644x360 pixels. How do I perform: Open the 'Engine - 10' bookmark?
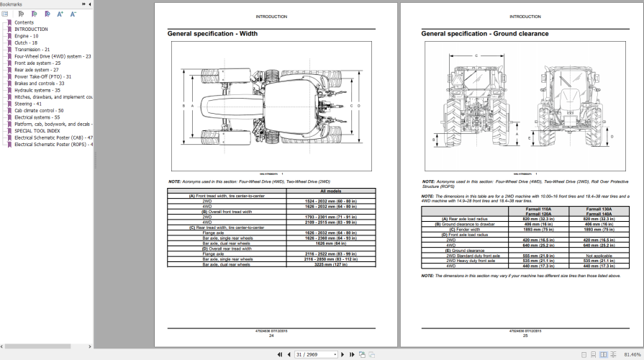(27, 36)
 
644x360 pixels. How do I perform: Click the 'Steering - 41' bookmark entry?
(29, 104)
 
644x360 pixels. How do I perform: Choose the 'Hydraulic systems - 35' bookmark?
(37, 90)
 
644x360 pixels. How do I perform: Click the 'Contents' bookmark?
(24, 22)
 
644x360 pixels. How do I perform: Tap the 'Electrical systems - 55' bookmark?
(37, 117)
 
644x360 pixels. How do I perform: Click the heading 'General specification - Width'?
(212, 34)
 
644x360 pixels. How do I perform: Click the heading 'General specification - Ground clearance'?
(484, 34)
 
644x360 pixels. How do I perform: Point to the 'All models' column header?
(330, 191)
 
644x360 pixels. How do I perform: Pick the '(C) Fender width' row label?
(458, 230)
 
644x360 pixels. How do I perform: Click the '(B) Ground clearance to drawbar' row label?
(471, 224)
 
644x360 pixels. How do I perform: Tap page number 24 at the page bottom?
(271, 336)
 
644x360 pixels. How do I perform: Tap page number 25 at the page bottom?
(525, 336)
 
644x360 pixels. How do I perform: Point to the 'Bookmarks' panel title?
(12, 4)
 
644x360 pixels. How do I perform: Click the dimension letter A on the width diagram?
(183, 106)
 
